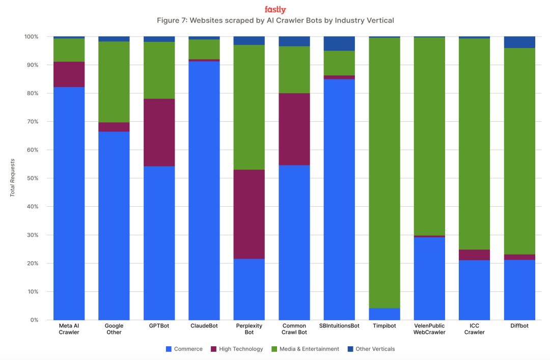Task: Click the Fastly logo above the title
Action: (x=275, y=10)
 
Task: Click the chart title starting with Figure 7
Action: (x=275, y=20)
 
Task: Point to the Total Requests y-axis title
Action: (x=13, y=178)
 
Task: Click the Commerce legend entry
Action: (x=184, y=349)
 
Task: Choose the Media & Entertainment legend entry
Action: (x=305, y=349)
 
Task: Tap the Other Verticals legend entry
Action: (x=371, y=349)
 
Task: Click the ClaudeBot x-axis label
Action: (x=204, y=326)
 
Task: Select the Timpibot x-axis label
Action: (x=384, y=326)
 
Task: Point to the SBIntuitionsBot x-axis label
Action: (x=339, y=326)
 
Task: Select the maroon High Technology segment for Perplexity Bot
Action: (x=249, y=214)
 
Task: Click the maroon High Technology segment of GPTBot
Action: (x=159, y=132)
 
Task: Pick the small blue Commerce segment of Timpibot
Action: (x=384, y=314)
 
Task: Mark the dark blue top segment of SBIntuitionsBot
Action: (x=339, y=43)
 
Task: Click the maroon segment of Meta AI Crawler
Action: (x=69, y=74)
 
